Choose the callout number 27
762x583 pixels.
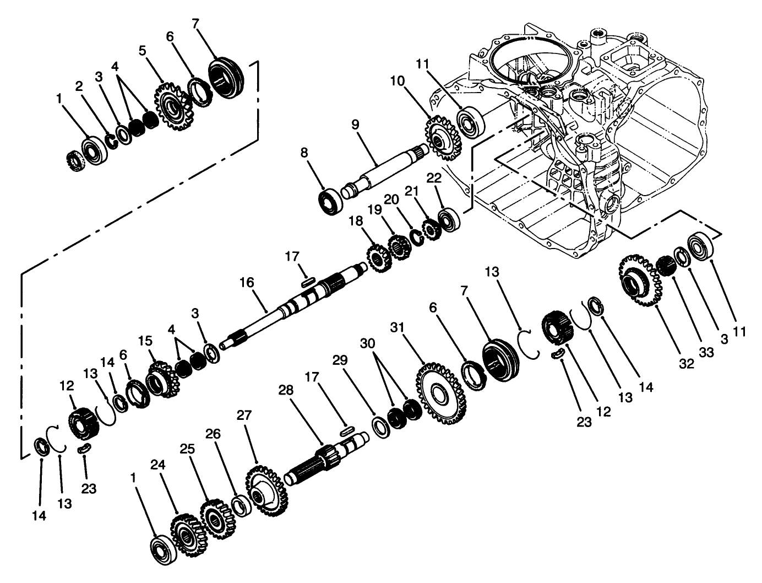[243, 414]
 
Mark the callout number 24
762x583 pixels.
[156, 466]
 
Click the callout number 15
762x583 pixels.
[144, 341]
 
